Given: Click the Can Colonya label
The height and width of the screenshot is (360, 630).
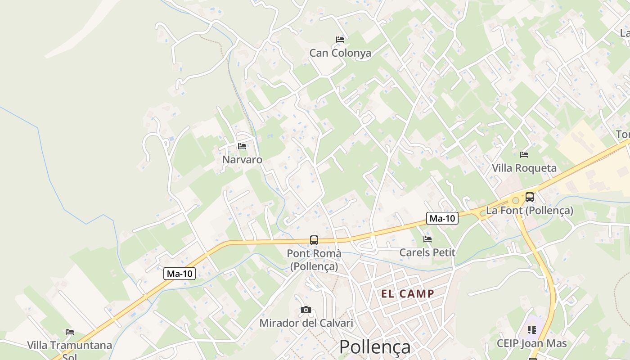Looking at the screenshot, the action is (x=340, y=53).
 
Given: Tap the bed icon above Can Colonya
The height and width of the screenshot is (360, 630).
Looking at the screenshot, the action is (x=340, y=40).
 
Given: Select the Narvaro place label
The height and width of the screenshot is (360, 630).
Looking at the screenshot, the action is (x=242, y=160).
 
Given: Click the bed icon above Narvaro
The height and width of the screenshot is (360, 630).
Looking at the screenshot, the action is (x=242, y=146).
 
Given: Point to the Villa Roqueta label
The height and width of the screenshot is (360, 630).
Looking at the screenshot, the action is (x=524, y=168).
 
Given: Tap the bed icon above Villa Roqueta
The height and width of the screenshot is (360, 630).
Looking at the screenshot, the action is (x=524, y=155).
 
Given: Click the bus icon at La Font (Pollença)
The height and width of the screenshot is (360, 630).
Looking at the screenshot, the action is (x=530, y=197).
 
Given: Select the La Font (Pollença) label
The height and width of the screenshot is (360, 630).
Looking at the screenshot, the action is (x=530, y=210).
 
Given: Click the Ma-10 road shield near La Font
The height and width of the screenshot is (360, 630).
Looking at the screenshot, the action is (x=442, y=219).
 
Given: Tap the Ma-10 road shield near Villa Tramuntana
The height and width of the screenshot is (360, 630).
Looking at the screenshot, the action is (x=179, y=274).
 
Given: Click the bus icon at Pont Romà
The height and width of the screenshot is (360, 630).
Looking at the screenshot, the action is (x=314, y=240).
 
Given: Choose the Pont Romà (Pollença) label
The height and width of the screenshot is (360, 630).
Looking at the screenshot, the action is (x=314, y=260).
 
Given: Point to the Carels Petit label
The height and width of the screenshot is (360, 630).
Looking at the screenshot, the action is (x=427, y=252).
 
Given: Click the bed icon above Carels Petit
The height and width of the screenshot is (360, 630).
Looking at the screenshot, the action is (x=427, y=239).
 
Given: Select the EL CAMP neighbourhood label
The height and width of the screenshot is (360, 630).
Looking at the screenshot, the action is (x=408, y=294).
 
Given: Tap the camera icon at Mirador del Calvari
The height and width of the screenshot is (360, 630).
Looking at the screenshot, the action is (x=306, y=310).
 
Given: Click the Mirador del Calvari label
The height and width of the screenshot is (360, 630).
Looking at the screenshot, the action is (x=306, y=323).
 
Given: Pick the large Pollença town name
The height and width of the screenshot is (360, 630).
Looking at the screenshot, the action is (x=374, y=347).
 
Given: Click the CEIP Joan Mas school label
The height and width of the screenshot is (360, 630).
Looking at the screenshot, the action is (x=531, y=344).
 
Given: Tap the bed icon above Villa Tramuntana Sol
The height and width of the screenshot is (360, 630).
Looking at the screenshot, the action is (x=70, y=332).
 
